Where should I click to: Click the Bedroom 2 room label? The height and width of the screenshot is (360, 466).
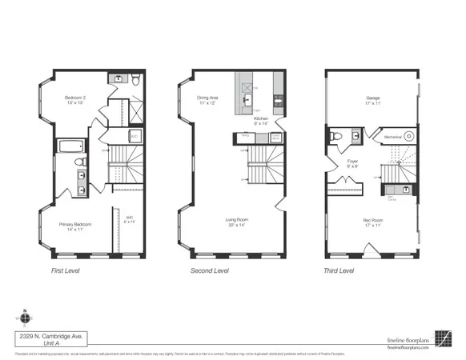click(76, 99)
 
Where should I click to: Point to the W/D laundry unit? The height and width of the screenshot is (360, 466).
click(135, 137)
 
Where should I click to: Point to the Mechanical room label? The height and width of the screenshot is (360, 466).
click(392, 137)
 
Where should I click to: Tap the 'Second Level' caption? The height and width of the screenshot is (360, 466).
click(209, 271)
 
